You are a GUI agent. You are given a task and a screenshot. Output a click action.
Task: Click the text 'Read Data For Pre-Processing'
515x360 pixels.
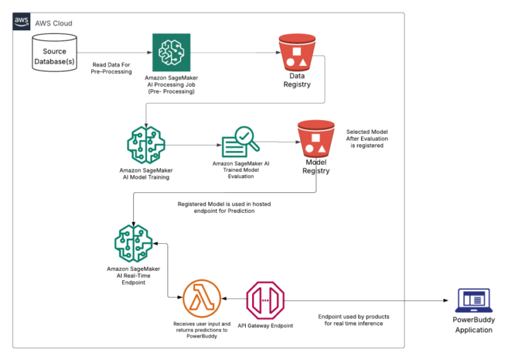112,67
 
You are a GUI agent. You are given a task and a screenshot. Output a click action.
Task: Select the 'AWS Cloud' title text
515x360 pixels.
54,23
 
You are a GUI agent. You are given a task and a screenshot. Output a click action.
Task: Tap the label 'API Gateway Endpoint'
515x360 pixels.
266,325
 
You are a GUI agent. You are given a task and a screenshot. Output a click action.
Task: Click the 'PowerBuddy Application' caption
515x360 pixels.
473,325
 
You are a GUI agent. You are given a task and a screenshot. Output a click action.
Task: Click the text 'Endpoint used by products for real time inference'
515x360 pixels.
354,319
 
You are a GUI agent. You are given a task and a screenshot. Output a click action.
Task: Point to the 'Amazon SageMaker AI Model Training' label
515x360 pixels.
145,173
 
